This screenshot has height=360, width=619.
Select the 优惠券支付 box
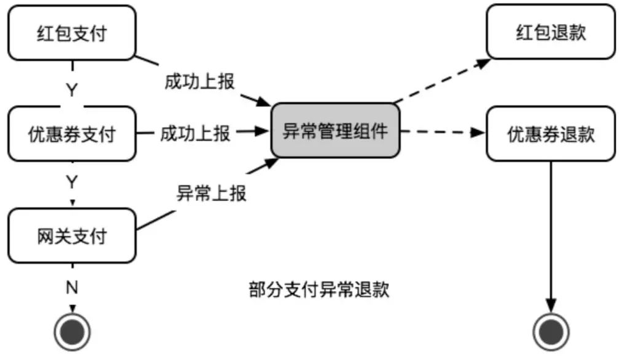[72, 133]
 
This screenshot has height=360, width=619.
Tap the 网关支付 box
[72, 235]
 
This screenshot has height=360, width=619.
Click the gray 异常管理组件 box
[335, 131]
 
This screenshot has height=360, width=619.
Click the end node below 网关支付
[72, 332]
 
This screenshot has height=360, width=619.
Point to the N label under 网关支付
[72, 287]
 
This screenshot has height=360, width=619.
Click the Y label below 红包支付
[72, 89]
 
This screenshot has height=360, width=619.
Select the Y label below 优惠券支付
[72, 182]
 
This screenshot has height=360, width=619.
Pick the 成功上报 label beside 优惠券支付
[195, 133]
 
